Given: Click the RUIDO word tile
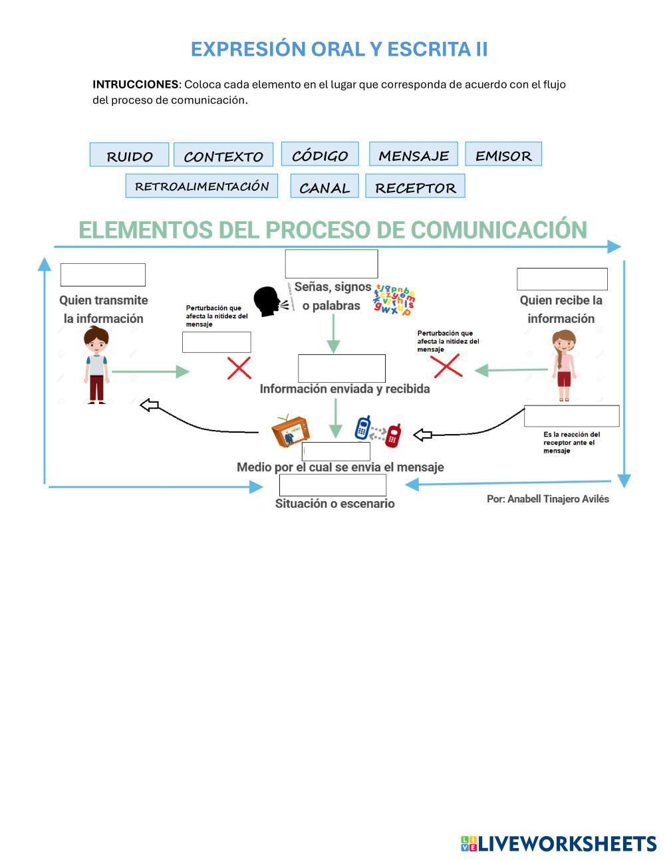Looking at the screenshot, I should [129, 155].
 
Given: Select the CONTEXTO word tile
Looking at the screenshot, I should [223, 156].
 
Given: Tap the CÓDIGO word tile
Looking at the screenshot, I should [320, 154].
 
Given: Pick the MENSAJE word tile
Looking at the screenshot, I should [414, 154].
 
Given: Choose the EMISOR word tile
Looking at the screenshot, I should [503, 154].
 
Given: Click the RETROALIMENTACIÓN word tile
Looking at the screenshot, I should [201, 186].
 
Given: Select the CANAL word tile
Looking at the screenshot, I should [325, 187].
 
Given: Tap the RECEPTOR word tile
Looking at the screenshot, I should [415, 187].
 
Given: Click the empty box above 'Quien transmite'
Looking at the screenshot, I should [103, 274].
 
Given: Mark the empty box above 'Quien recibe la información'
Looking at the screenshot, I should [562, 279].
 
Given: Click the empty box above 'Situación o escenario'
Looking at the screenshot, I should [332, 485].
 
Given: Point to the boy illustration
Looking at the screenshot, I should [96, 366].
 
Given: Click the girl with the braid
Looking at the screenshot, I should [564, 366].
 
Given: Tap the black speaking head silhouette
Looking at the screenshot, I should [267, 302].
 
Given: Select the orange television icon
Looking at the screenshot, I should [290, 431].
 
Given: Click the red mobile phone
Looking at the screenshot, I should [394, 435].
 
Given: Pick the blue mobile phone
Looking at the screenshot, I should [362, 428].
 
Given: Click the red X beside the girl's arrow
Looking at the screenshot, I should [446, 366].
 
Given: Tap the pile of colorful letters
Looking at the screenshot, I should [394, 300].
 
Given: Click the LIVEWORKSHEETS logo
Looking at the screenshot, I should [559, 843].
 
